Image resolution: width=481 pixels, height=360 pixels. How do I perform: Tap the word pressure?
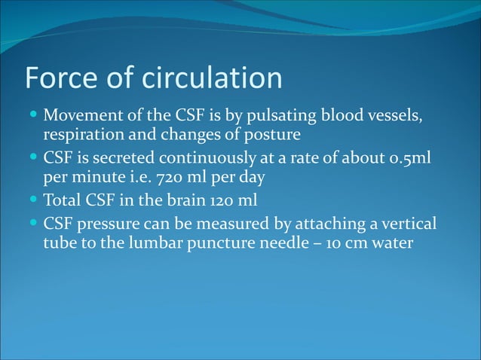pyautogui.click(x=106, y=224)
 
